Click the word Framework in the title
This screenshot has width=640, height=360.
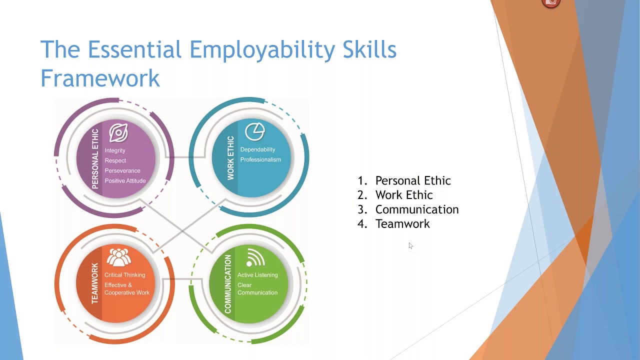100,78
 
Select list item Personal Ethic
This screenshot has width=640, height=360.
413,180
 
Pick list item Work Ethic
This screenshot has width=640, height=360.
404,195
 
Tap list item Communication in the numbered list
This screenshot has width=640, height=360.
417,209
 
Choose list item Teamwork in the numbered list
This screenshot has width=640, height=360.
402,224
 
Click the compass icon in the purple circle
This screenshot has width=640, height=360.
118,133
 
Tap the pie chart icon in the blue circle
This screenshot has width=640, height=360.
254,132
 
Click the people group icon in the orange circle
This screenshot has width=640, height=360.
118,257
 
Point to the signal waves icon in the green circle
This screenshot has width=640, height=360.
255,258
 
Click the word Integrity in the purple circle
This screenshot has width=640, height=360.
115,150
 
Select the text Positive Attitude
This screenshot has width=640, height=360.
125,181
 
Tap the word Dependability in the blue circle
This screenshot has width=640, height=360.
257,149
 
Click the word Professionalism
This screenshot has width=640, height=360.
260,160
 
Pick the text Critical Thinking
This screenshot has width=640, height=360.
124,275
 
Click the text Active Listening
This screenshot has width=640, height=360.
257,275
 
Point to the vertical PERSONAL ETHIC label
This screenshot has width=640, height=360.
95,159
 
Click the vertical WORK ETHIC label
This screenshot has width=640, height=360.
230,158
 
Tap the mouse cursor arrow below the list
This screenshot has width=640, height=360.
410,245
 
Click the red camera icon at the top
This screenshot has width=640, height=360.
551,2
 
